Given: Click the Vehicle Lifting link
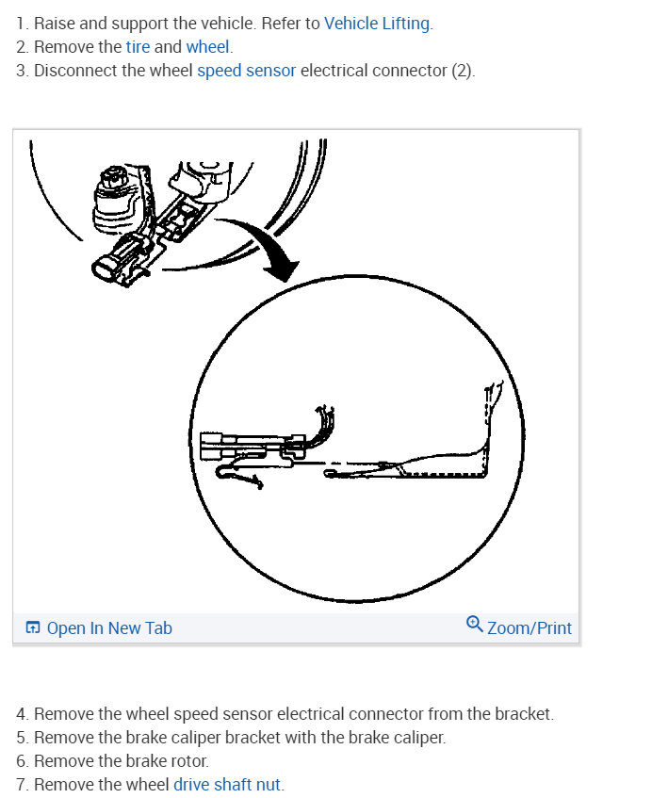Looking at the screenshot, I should (377, 24).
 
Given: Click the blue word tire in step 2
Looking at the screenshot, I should (138, 47).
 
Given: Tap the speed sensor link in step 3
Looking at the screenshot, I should (246, 71).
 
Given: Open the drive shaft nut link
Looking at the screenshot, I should (227, 784).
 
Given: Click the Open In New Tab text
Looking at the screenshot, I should (109, 628).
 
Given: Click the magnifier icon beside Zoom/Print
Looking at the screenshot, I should (475, 625).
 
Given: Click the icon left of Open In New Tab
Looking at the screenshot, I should (33, 628).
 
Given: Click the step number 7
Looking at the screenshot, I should (22, 784).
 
